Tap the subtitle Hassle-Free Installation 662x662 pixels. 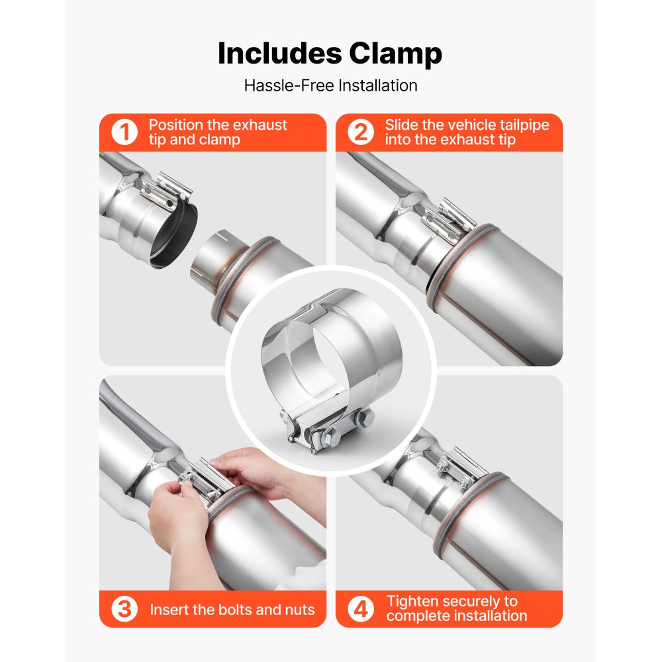(330, 85)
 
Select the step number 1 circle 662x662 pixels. (124, 132)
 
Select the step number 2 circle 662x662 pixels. (361, 132)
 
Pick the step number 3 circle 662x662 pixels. (124, 609)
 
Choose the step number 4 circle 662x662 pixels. (361, 609)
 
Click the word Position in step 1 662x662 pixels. (175, 125)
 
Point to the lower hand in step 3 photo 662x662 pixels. (179, 523)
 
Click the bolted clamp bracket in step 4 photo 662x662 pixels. (457, 470)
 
